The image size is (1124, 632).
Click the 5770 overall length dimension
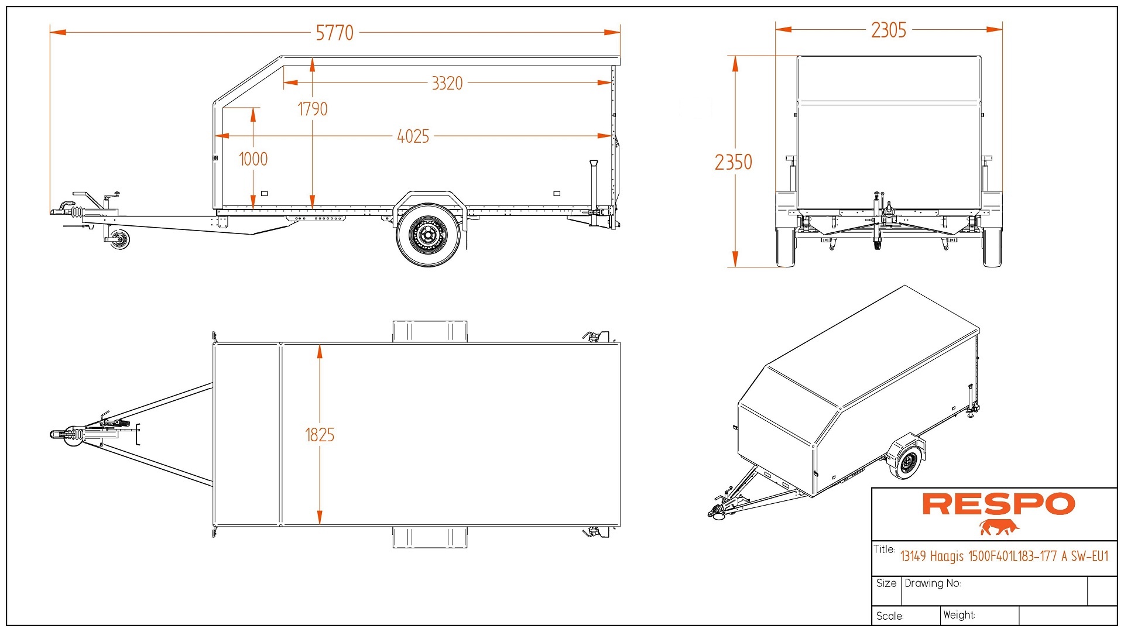click(334, 33)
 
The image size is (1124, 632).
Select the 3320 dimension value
click(447, 83)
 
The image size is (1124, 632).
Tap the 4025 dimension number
click(413, 136)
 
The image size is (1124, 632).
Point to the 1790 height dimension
click(313, 109)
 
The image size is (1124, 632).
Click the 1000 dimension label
click(253, 159)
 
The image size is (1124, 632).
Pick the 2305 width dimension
click(888, 30)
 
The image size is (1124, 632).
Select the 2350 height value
click(733, 162)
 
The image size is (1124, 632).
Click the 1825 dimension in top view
click(320, 435)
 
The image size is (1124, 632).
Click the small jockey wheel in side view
click(120, 239)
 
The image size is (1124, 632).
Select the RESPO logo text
click(999, 504)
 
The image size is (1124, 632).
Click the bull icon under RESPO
click(999, 527)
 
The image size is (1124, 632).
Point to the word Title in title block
click(884, 549)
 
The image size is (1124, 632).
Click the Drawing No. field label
click(932, 583)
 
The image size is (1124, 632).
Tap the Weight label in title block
click(958, 615)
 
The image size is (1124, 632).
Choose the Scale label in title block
click(890, 616)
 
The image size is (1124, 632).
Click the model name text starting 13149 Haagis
click(1004, 556)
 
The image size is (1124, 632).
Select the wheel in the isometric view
click(906, 462)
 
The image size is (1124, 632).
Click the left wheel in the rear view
click(785, 247)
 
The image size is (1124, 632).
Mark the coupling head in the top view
click(59, 434)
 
